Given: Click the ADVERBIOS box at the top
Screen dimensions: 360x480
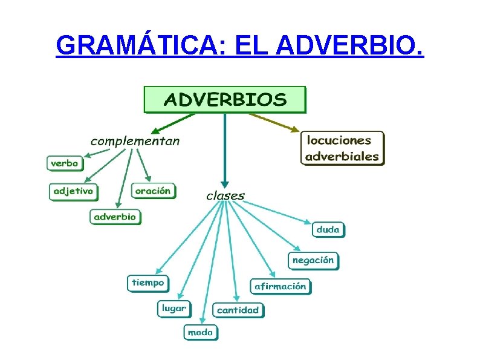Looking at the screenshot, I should click(225, 99).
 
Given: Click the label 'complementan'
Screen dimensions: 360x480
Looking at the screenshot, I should click(135, 142).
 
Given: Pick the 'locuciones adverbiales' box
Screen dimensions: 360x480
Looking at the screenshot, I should click(342, 148).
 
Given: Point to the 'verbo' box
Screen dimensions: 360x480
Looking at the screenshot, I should click(65, 163).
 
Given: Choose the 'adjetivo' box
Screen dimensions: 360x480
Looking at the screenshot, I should click(73, 191).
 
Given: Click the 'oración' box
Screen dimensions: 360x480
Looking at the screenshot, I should click(153, 191).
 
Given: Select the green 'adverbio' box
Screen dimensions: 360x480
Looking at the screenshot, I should click(115, 217).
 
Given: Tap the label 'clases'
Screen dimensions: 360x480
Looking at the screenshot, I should click(225, 195).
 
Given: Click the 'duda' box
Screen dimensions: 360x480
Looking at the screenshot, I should click(328, 230).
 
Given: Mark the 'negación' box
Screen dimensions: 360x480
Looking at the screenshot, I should click(313, 261).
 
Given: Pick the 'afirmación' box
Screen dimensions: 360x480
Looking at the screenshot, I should click(281, 286).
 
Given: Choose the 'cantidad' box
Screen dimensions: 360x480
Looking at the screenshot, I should click(238, 310).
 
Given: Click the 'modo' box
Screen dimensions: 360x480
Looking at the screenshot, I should click(200, 332).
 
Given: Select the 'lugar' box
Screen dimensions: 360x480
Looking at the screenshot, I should click(174, 309).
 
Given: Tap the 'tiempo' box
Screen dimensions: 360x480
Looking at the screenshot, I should click(148, 283).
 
